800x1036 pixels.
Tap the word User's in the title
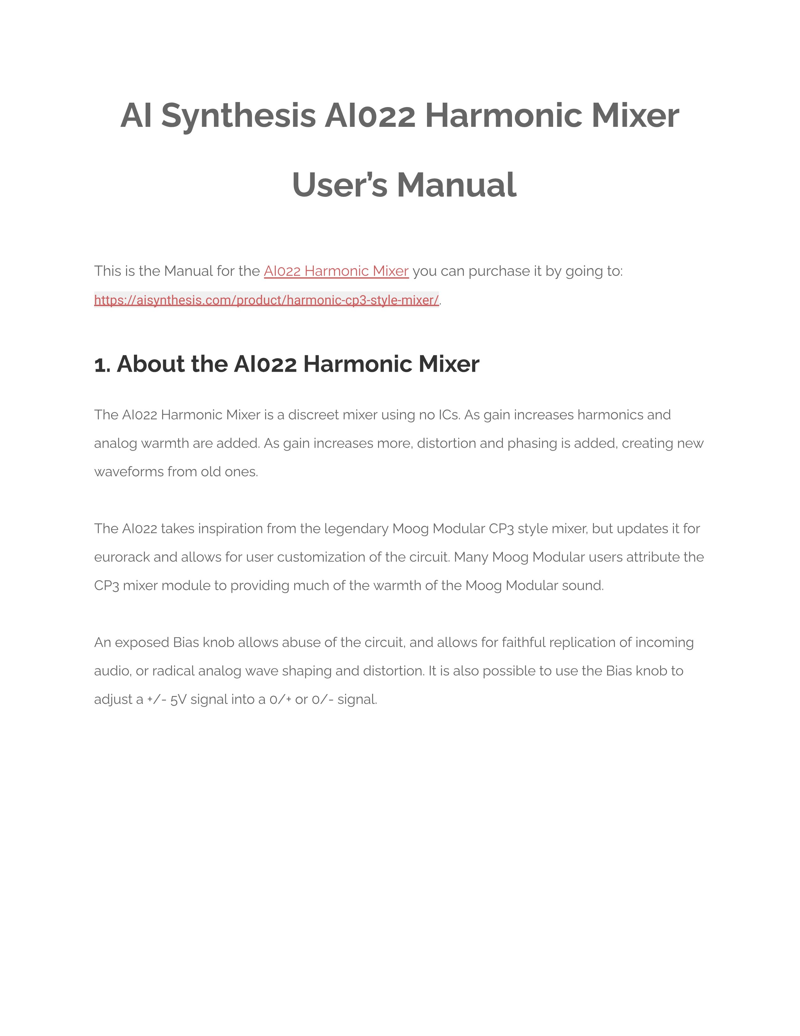tap(340, 185)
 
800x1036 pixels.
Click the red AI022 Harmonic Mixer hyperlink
tap(336, 271)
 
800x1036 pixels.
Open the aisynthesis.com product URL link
tap(266, 300)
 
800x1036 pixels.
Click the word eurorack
tap(122, 557)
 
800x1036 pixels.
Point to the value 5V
tap(178, 700)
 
